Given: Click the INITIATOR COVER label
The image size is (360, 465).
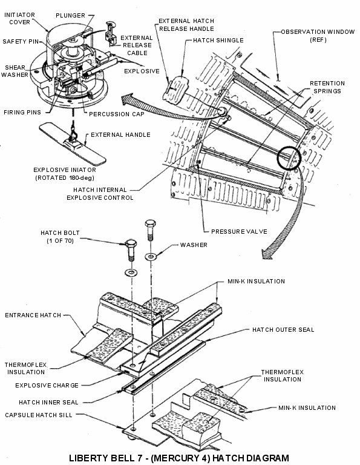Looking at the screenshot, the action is click(x=19, y=18).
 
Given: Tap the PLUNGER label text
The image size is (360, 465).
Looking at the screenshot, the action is click(x=71, y=15).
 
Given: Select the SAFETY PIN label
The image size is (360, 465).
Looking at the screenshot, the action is click(x=21, y=42).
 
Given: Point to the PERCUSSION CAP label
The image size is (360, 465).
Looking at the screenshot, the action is click(x=117, y=114).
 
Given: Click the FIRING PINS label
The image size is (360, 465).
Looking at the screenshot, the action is click(x=22, y=113).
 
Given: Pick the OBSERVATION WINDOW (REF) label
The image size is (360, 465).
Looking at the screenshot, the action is click(x=318, y=36).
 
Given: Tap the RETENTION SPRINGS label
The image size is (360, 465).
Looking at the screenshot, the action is click(x=327, y=87).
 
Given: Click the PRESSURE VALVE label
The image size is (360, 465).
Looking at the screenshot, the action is click(x=239, y=232).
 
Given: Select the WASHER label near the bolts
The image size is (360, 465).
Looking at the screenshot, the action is click(x=194, y=245).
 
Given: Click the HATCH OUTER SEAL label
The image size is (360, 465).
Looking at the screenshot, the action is click(x=283, y=330).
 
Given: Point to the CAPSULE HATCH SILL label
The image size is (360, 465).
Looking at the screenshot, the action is click(x=39, y=415).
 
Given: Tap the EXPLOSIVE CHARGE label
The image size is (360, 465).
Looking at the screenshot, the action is click(x=47, y=386).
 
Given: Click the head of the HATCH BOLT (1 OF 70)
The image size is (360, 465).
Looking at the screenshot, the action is click(x=131, y=244).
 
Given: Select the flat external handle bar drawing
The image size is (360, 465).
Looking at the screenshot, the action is click(x=73, y=144).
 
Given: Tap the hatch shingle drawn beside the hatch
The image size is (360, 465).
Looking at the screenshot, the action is click(x=175, y=88).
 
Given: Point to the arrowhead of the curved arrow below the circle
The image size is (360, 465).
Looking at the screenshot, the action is click(x=270, y=252).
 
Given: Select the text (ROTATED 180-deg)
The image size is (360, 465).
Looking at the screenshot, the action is click(x=65, y=178).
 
